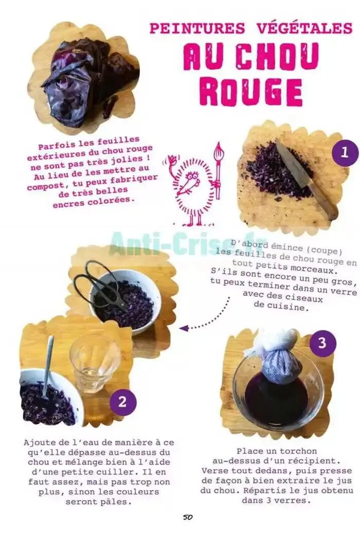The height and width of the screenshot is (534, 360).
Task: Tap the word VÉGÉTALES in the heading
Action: [x=304, y=28]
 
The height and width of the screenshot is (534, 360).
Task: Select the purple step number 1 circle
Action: [x=345, y=152]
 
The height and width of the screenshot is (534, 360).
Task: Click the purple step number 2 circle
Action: [x=122, y=401]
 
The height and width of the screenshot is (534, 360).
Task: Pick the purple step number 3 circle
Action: [x=322, y=343]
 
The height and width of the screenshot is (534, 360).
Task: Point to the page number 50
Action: [x=188, y=517]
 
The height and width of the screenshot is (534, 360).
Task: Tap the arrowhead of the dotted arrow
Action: [x=184, y=328]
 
